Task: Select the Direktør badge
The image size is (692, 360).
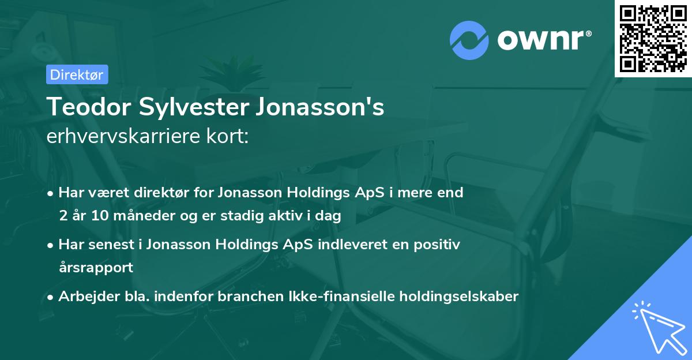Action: coord(77,74)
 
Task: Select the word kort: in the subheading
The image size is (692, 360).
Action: coord(228,137)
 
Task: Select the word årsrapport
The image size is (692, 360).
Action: coord(96,268)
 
